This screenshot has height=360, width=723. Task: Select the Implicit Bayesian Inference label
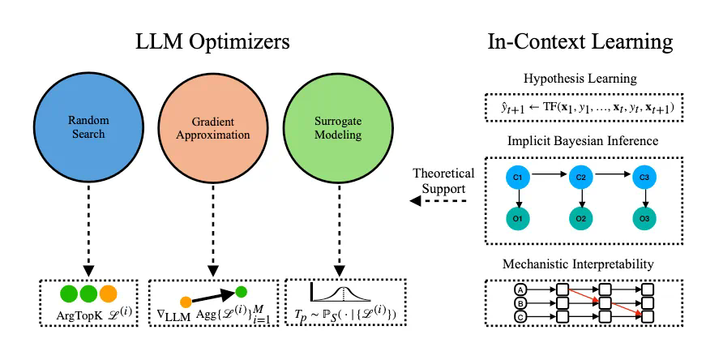coord(592,141)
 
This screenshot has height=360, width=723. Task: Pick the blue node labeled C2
coord(580,176)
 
